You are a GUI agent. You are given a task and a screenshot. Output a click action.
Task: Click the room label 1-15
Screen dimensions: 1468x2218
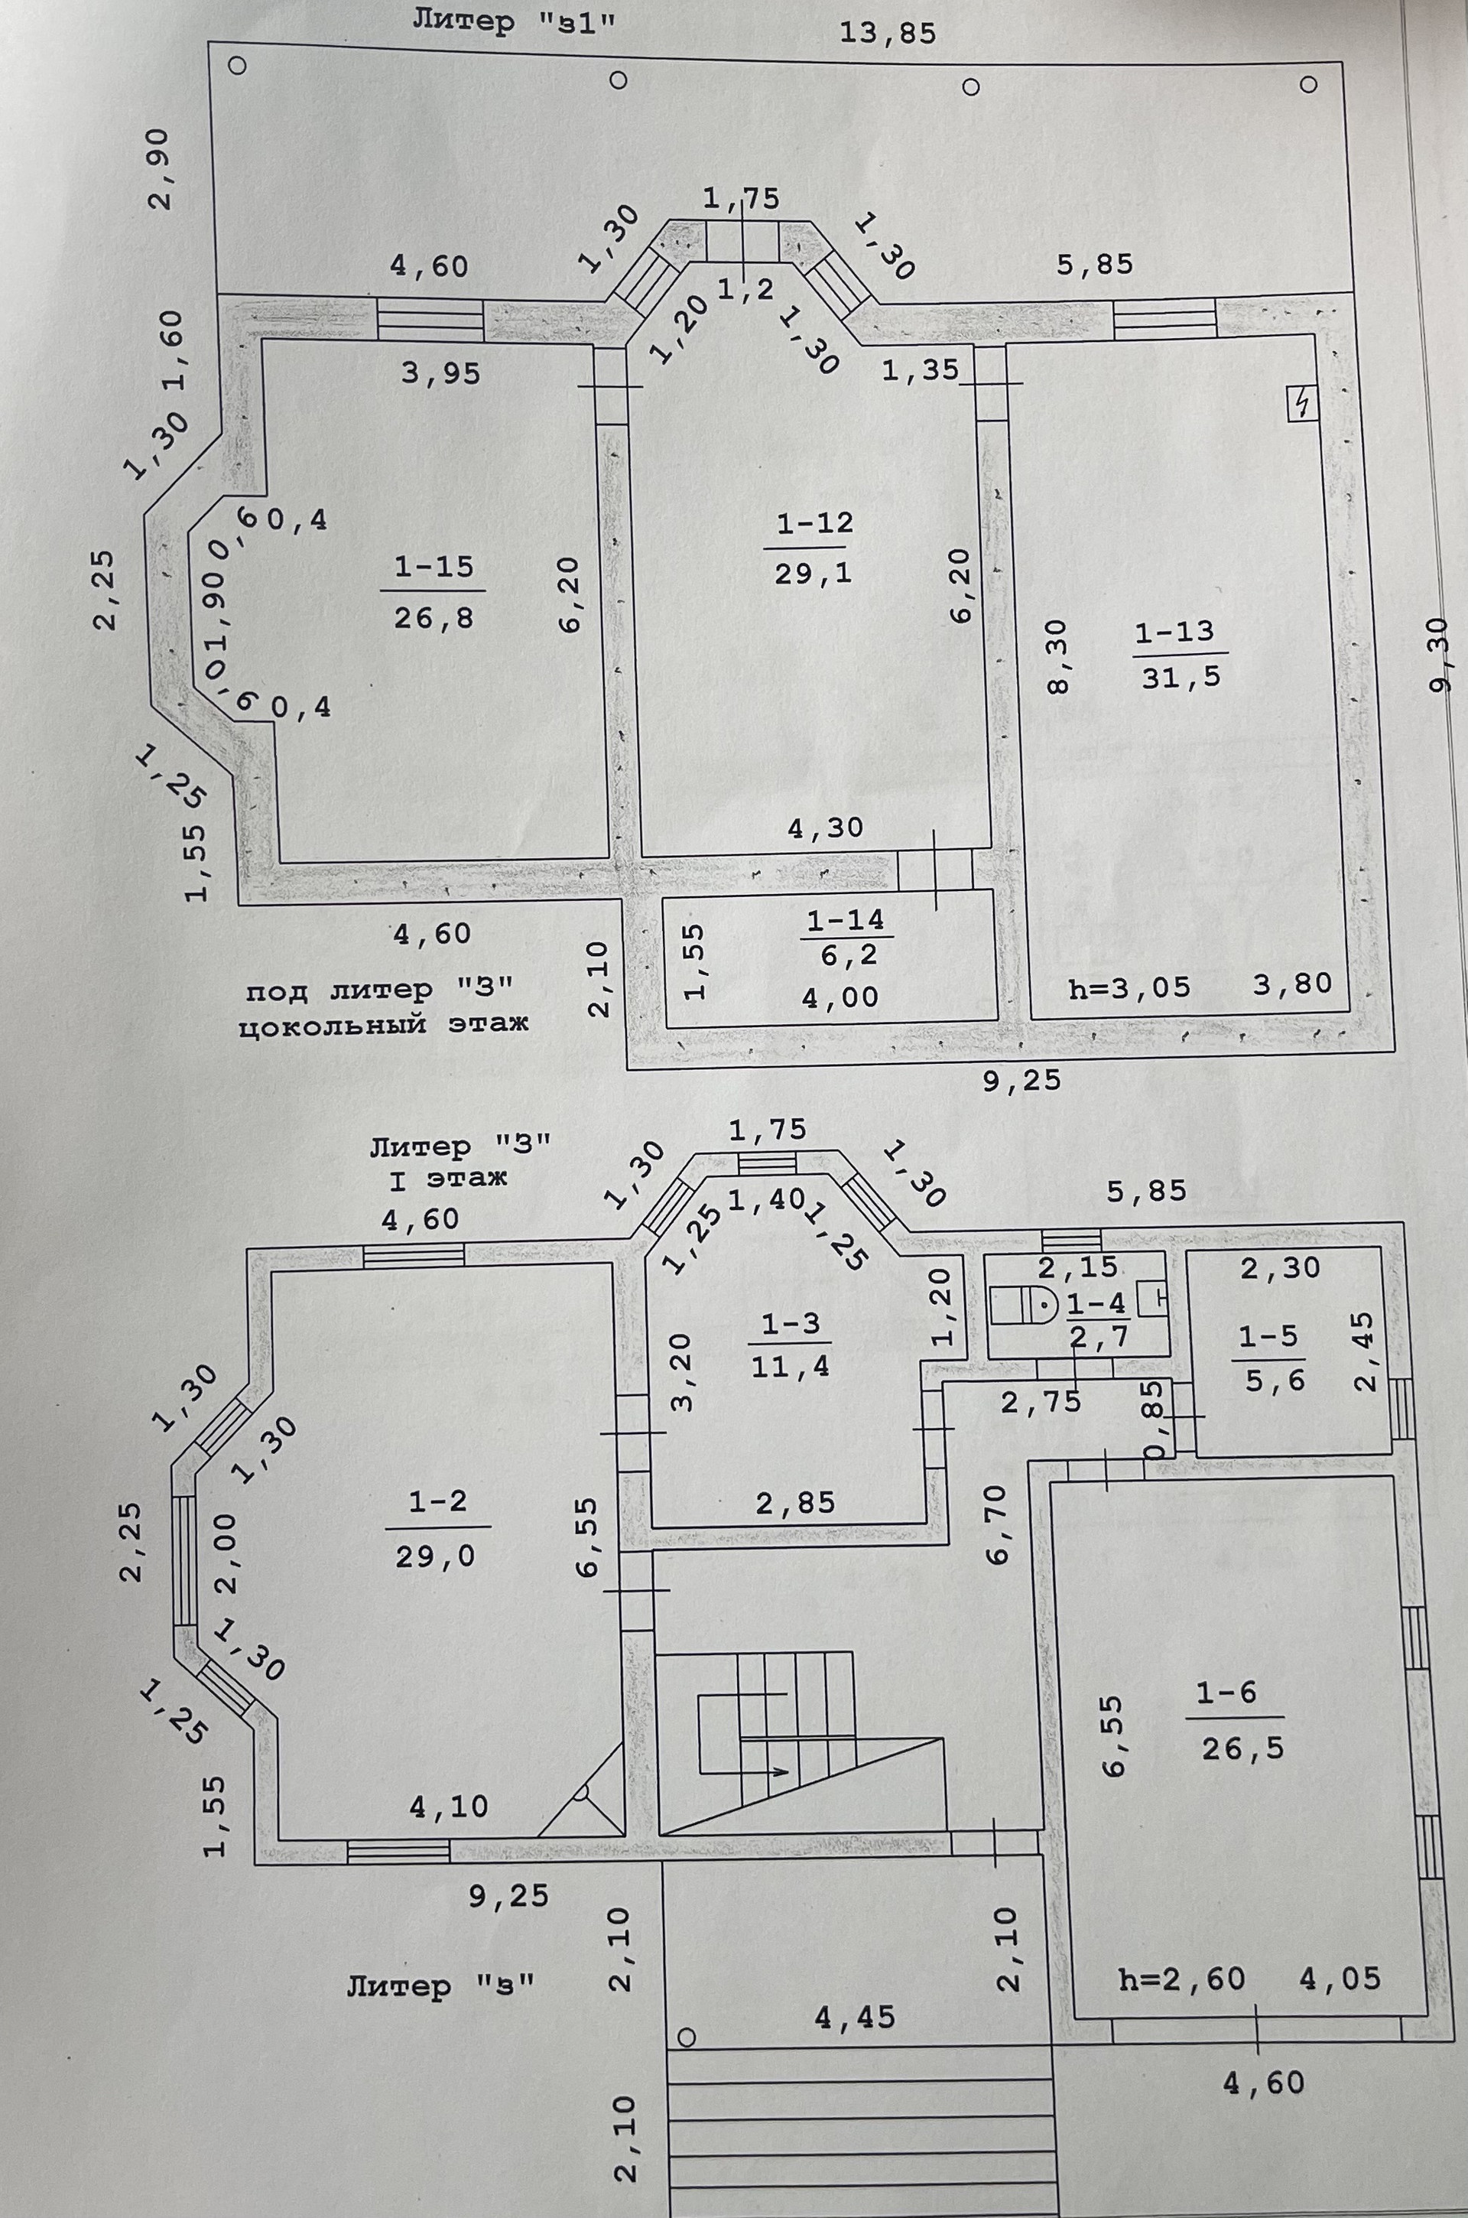(433, 568)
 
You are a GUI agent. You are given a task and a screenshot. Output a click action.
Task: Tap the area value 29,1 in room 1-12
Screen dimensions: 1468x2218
(813, 574)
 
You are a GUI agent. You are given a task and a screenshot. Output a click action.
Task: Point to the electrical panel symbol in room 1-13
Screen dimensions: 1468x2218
(1301, 405)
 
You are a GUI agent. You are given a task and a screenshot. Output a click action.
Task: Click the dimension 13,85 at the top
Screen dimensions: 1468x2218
(888, 34)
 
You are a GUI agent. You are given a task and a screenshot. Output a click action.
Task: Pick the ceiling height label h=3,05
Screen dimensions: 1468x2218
(1129, 986)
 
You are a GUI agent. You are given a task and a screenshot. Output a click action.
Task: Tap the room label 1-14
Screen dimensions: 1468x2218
(844, 920)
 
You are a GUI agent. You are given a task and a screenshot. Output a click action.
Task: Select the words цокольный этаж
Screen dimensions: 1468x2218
(384, 1024)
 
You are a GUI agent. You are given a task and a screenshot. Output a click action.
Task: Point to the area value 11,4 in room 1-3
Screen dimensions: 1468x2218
(789, 1367)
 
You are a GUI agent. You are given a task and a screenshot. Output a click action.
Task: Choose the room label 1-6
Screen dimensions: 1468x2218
(1226, 1693)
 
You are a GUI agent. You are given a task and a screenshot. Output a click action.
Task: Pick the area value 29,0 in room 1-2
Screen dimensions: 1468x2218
(434, 1556)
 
